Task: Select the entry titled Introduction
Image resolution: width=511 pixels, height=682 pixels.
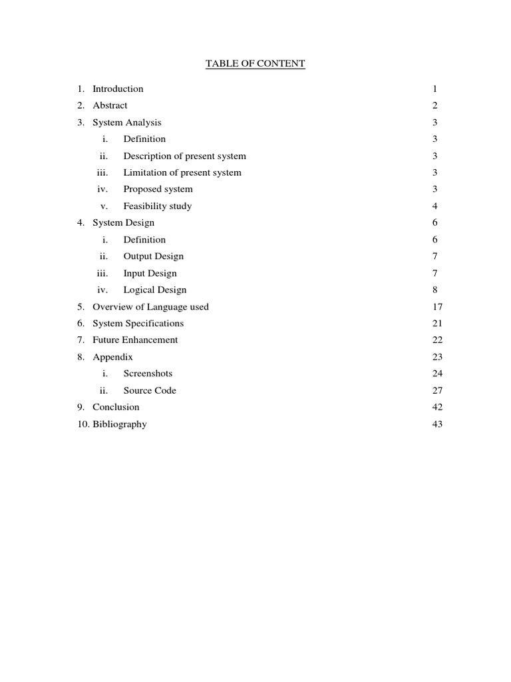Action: [118, 89]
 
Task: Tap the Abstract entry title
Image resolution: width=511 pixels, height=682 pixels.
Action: [110, 105]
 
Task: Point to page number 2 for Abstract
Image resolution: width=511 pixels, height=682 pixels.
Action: [434, 105]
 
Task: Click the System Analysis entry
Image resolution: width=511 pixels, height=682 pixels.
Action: [126, 123]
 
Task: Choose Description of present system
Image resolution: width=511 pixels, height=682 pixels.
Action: [184, 156]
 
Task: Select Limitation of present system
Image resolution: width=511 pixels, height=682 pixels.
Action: [182, 172]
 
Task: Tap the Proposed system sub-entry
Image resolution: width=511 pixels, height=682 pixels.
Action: [158, 189]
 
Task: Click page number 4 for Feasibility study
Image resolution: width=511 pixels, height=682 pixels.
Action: [434, 206]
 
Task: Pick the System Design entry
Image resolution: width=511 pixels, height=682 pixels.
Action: [123, 222]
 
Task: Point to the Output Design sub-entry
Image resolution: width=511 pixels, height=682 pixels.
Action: [153, 256]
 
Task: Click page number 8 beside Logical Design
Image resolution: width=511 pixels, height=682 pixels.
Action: [434, 290]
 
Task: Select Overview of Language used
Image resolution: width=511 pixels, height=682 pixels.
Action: [150, 307]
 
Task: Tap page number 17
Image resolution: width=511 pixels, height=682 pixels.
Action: [437, 307]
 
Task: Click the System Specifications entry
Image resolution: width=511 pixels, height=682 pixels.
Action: [138, 324]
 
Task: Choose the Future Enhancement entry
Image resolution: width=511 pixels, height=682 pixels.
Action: [135, 340]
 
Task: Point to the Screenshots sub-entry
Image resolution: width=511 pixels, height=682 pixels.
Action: [148, 374]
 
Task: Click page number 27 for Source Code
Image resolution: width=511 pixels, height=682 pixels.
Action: [437, 390]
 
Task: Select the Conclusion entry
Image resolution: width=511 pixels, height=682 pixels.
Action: [116, 407]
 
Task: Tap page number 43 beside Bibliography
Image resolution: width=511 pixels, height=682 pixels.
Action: [437, 424]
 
